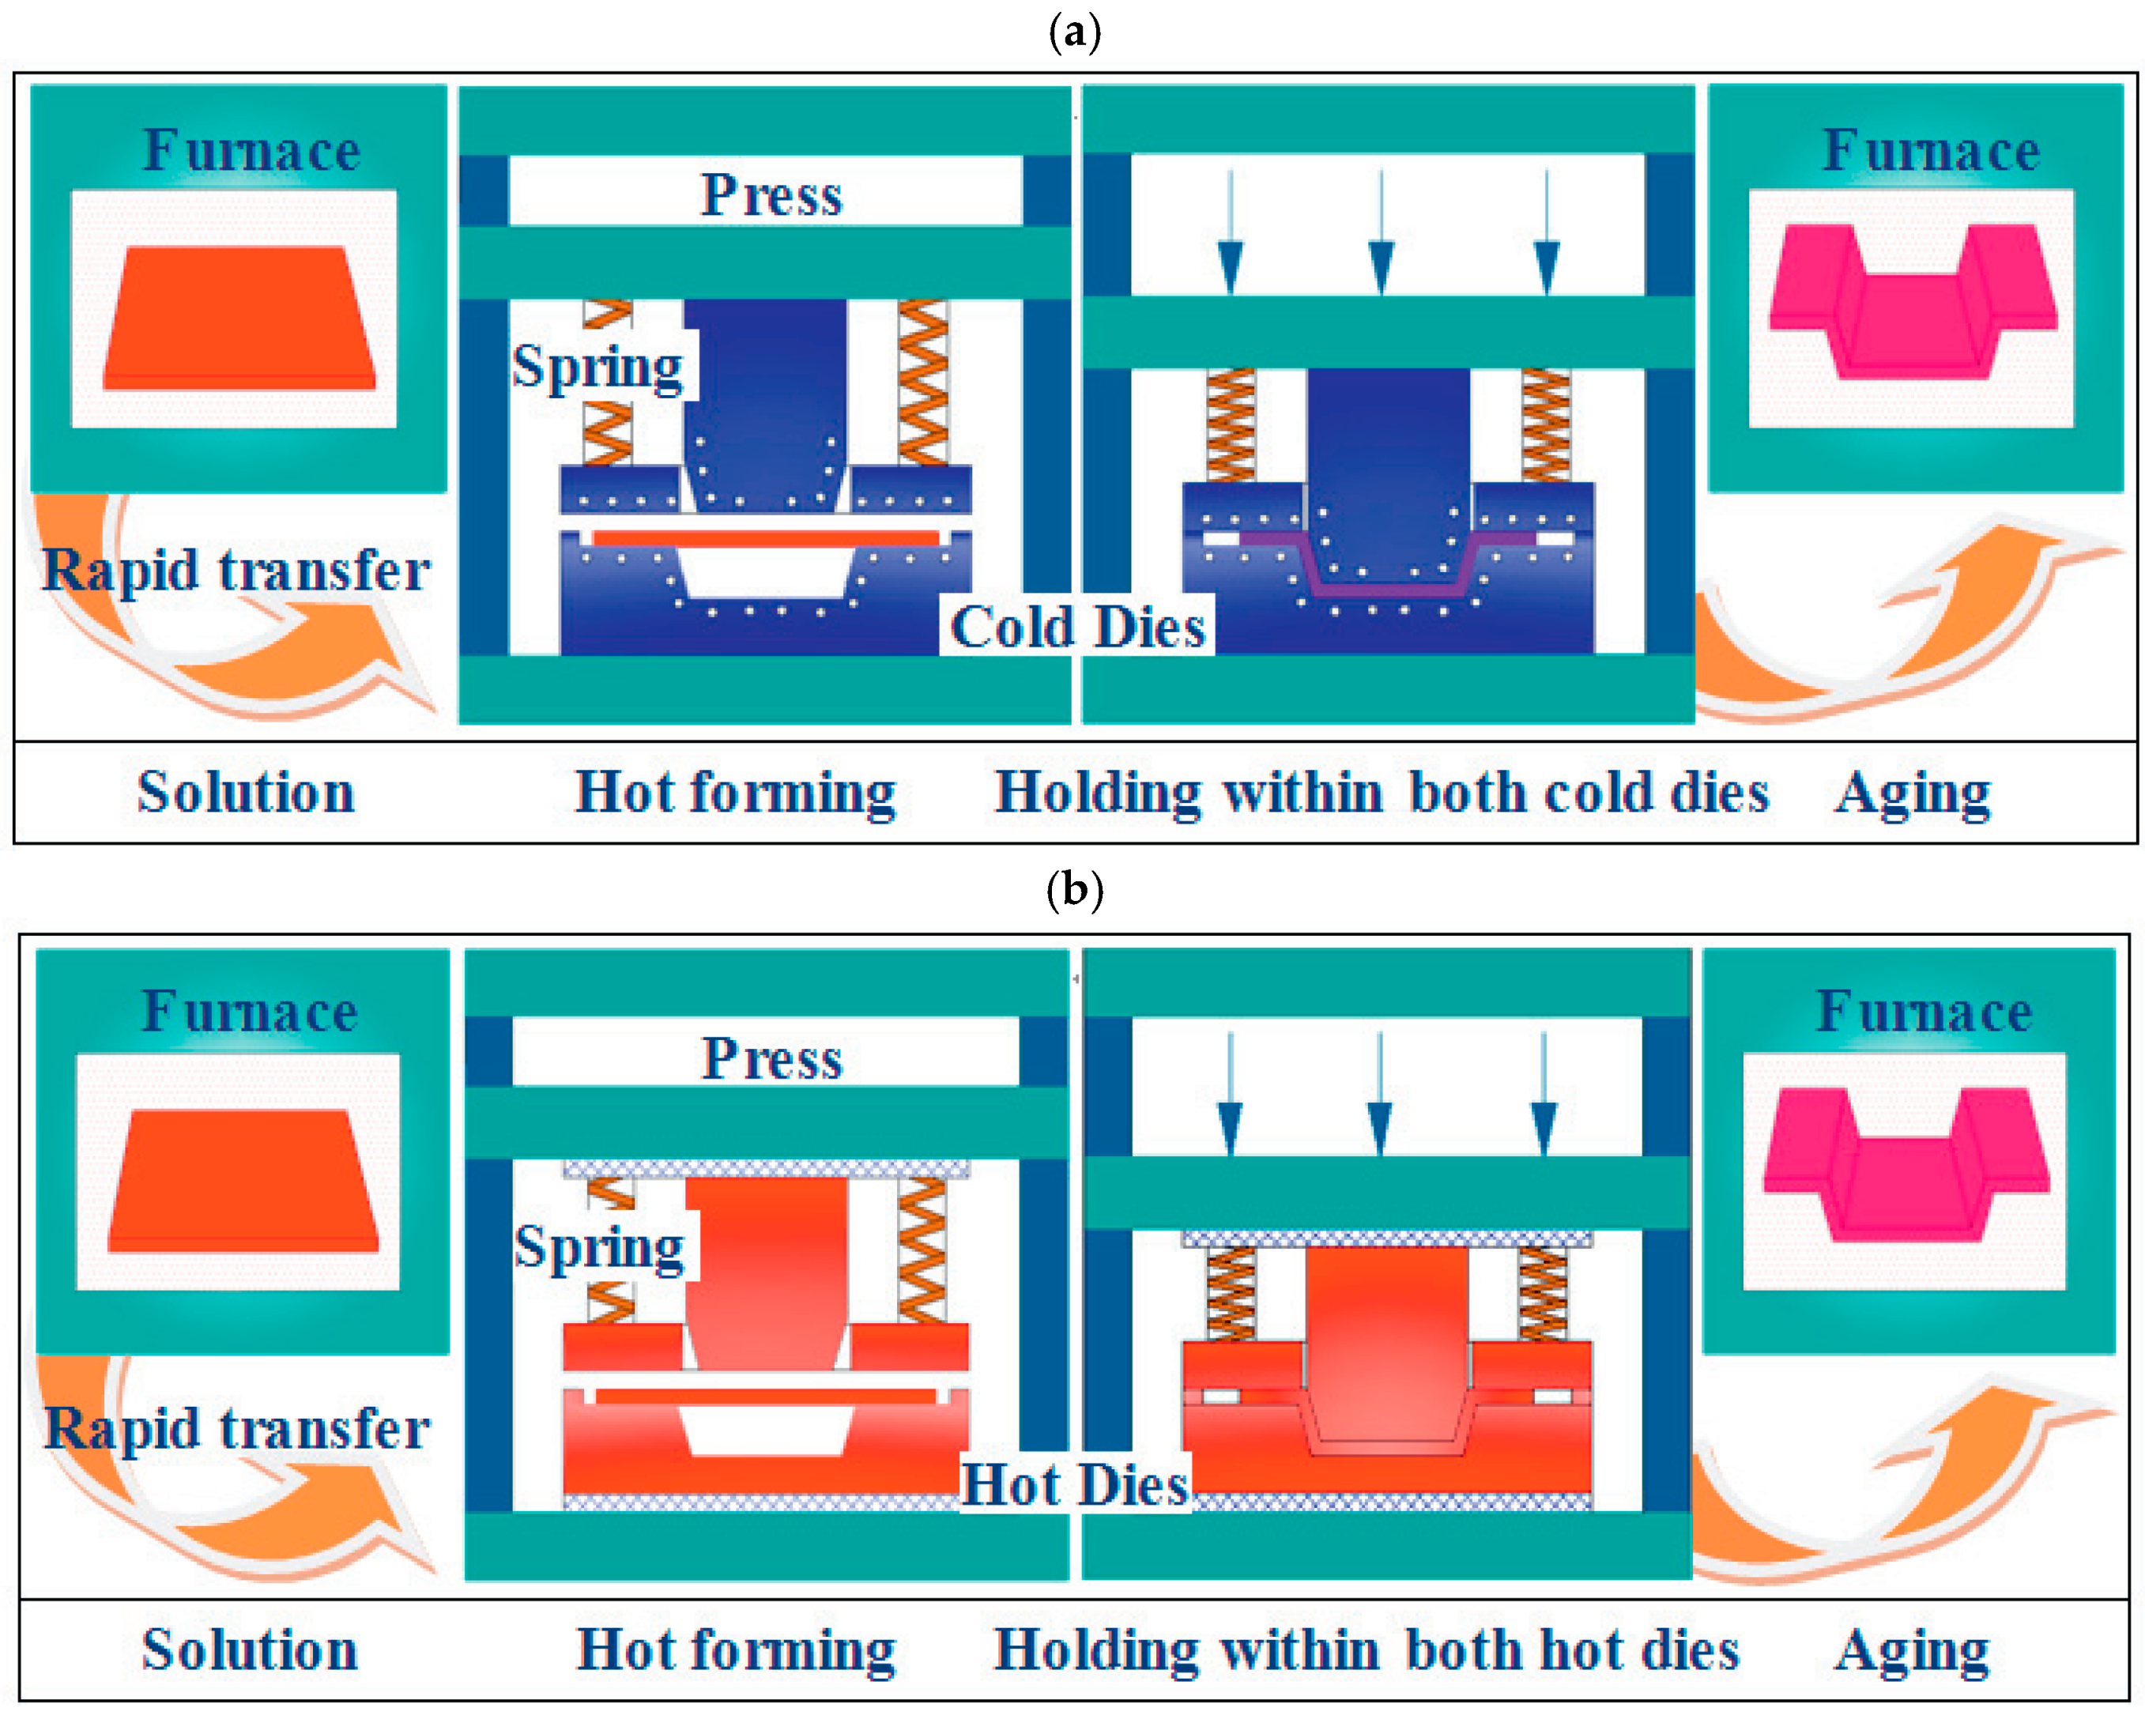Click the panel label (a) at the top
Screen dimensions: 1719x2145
(1075, 34)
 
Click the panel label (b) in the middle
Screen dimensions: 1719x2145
(1075, 888)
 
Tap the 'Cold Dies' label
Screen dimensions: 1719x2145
(1077, 627)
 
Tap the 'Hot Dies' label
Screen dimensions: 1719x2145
(1075, 1485)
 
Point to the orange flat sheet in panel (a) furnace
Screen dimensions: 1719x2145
(239, 319)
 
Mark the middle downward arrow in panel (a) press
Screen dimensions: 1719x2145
(1381, 234)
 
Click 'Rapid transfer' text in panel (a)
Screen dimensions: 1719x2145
(236, 570)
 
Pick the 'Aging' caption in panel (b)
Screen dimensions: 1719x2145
(1911, 1651)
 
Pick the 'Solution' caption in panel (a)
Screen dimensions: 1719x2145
(246, 793)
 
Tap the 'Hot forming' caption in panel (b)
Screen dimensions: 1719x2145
(737, 1651)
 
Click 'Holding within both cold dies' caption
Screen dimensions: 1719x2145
(1382, 793)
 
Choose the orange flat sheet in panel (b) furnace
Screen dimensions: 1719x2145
(243, 1181)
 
